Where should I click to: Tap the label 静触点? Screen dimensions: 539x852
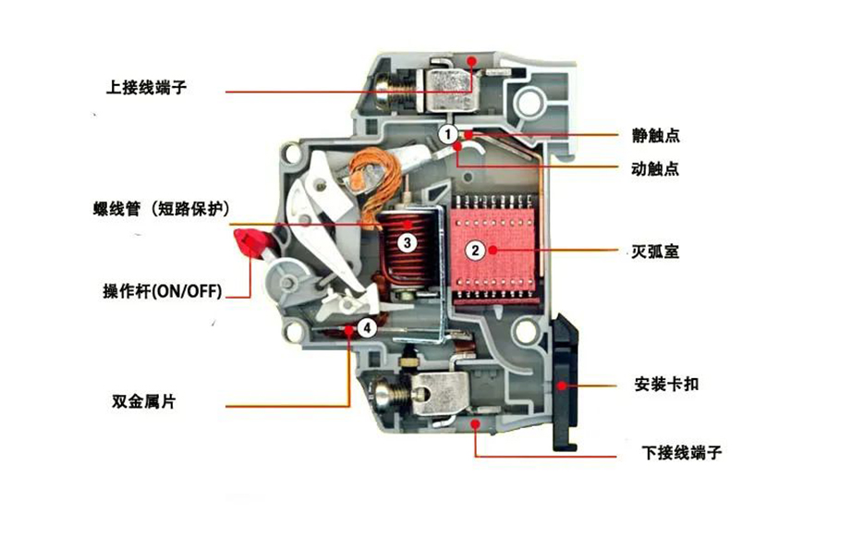pos(656,136)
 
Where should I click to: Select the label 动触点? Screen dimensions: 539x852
pos(656,169)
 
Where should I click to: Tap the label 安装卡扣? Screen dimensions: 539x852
pos(666,383)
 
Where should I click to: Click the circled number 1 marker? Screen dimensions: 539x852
pos(447,135)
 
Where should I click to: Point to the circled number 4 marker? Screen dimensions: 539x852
pos(367,326)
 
